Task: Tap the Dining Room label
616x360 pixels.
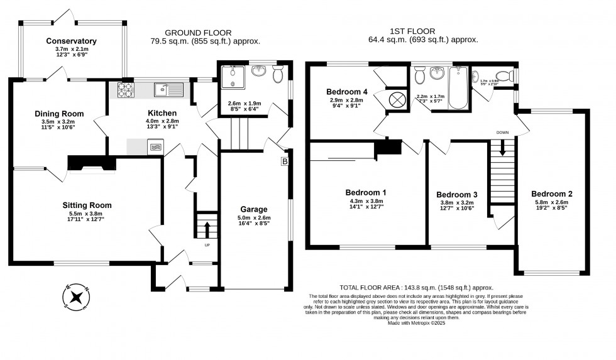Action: click(x=60, y=114)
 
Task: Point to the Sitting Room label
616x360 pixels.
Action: click(x=87, y=205)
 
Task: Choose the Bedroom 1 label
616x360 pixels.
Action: click(x=366, y=192)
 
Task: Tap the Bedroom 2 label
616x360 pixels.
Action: click(x=551, y=194)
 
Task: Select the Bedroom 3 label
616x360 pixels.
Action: click(x=457, y=195)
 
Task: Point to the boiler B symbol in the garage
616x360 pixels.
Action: click(x=284, y=161)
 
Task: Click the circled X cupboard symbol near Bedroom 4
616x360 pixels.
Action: click(x=397, y=99)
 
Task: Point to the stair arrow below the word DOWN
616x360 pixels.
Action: click(x=502, y=148)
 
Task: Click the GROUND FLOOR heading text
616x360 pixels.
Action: click(x=197, y=33)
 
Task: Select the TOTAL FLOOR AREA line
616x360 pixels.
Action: click(x=416, y=287)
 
